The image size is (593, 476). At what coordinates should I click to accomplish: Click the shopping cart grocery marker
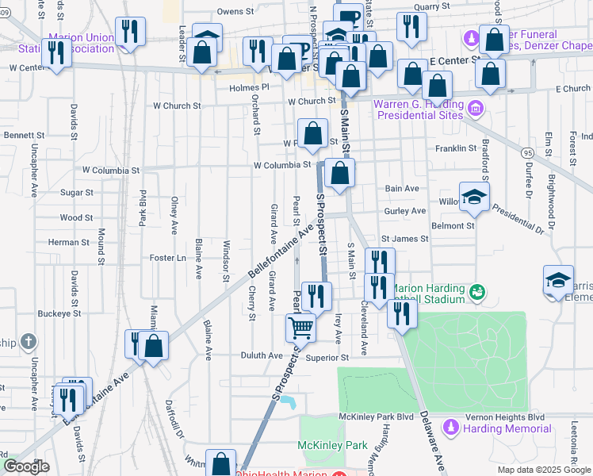coord(301,327)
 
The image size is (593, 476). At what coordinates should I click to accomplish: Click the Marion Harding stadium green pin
coord(476,293)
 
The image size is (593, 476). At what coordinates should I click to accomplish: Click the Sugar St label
coord(77,192)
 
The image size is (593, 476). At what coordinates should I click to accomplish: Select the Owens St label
coord(234,12)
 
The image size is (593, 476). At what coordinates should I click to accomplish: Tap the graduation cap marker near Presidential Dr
coord(474,198)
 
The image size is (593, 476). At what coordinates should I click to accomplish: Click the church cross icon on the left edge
coord(29,342)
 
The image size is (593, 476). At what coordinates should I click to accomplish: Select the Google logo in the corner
coord(27,466)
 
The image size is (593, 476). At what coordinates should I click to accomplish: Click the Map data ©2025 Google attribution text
coord(544,470)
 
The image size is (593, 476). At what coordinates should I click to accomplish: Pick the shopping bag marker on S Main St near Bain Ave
coord(339,174)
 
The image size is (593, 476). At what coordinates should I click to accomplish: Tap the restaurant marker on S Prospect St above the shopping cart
coord(316,296)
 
